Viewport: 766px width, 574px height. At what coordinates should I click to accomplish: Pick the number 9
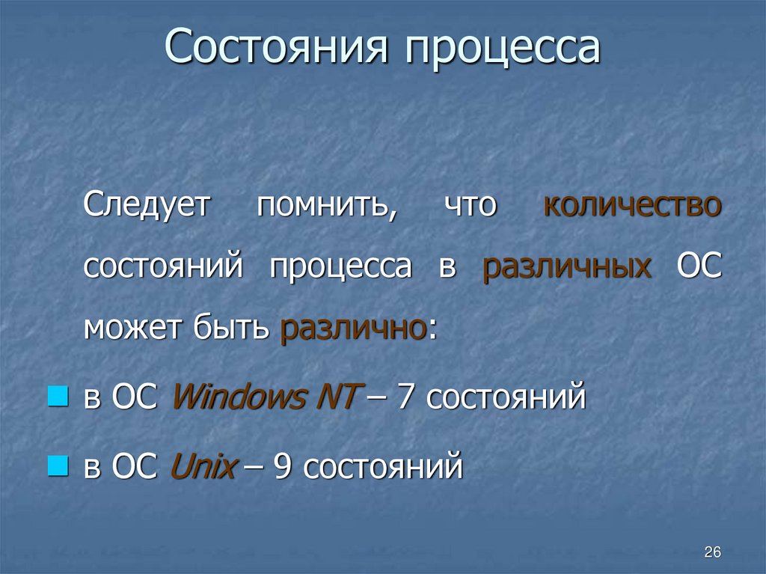click(x=284, y=468)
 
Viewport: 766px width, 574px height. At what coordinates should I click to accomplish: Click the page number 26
click(x=712, y=552)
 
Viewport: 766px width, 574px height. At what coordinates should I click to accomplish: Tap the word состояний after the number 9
click(x=383, y=468)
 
